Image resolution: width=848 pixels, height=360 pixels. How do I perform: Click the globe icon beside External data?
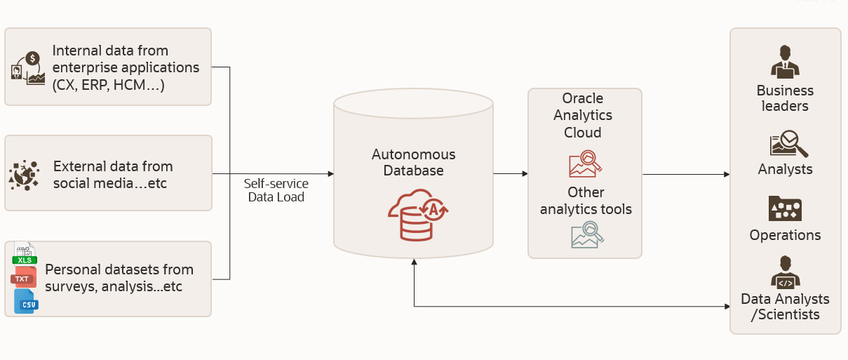[x=25, y=174]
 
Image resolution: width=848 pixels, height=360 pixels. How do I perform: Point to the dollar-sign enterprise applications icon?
[x=28, y=67]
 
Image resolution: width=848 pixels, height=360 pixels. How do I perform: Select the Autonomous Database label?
[x=413, y=162]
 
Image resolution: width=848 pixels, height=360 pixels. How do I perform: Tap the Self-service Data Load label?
[x=276, y=190]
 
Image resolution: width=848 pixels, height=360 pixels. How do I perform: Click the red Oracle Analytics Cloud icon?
[x=585, y=164]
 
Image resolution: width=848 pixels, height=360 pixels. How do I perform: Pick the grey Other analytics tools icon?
[x=586, y=235]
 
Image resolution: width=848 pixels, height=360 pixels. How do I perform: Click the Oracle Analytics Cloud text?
[x=583, y=115]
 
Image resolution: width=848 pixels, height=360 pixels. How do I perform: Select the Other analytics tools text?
[x=586, y=201]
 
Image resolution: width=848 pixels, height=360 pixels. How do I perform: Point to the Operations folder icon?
[x=785, y=208]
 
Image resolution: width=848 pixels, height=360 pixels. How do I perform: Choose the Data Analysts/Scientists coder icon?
[x=785, y=272]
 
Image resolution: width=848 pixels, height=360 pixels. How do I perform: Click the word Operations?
[x=785, y=235]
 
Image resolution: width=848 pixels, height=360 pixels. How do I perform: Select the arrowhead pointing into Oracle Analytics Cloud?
[x=525, y=173]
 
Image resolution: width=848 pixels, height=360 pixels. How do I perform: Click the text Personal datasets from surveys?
[x=119, y=278]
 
